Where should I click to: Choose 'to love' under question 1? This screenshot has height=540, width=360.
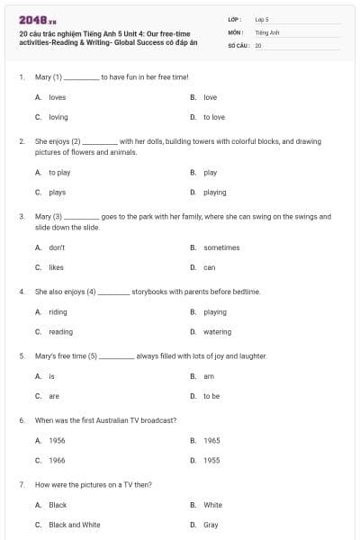pos(214,117)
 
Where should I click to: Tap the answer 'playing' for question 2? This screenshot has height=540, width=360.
pos(215,192)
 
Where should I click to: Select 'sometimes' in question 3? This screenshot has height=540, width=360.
pos(221,247)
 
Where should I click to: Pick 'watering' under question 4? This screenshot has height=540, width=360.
pos(217,331)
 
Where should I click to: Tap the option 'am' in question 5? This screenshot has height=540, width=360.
pos(209,376)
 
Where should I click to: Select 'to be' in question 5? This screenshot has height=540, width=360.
pos(212,396)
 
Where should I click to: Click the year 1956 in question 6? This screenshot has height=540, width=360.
pos(57,440)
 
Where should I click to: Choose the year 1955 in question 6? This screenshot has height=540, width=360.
pos(211,460)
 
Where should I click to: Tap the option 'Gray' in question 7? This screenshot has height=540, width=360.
pos(211,525)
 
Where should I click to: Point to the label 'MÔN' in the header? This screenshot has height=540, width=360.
pos(236,31)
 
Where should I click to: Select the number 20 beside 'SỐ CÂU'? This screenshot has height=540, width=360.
pos(258,44)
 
